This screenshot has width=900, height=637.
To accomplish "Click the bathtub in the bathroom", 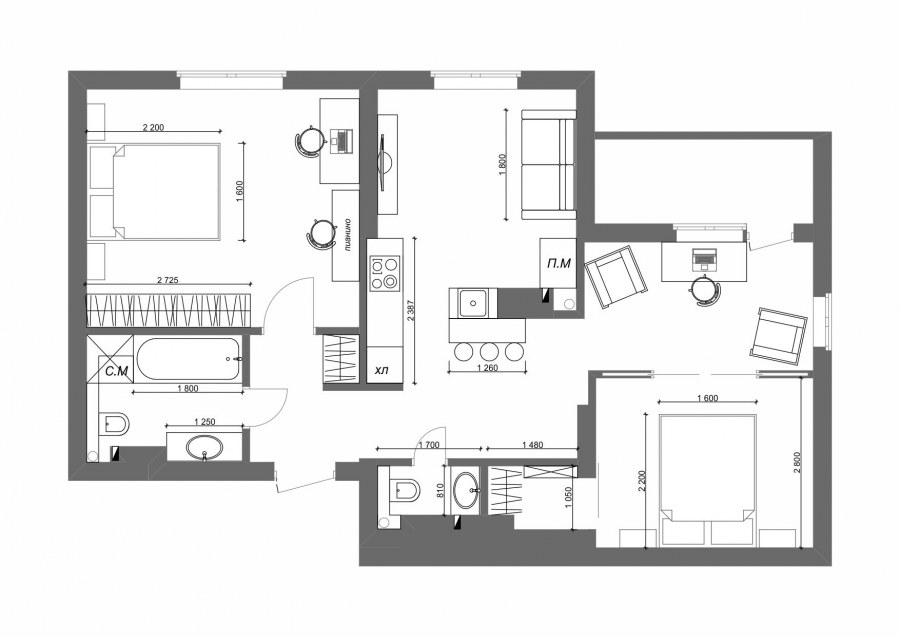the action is (x=188, y=359).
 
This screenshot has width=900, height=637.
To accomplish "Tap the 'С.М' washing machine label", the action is (x=117, y=372).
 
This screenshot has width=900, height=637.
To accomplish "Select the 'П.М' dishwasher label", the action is (x=558, y=263).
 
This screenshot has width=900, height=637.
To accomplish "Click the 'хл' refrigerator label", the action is (x=381, y=371).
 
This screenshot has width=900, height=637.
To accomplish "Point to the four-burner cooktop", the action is (x=385, y=273).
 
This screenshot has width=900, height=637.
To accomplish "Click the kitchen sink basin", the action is (x=473, y=302).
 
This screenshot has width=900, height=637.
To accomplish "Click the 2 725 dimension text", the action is (x=168, y=280).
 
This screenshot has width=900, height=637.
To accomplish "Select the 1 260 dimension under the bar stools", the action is (x=487, y=368).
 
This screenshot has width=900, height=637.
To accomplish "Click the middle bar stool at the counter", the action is (x=488, y=351).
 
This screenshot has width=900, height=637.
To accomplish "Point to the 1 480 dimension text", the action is (x=533, y=444).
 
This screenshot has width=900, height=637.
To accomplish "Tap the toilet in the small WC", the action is (x=404, y=490).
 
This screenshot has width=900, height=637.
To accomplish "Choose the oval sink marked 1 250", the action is (x=204, y=446).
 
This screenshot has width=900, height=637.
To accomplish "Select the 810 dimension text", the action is (x=441, y=490).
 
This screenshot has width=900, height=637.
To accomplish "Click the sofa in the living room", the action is (x=548, y=165).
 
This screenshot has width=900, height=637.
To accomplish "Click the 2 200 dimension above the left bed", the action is (x=153, y=127).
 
